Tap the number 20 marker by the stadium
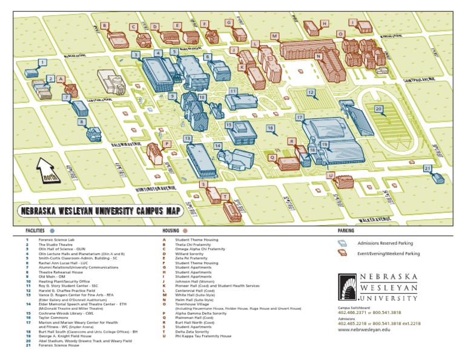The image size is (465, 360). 378,109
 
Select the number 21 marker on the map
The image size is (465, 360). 427,168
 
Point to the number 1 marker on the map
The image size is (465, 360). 42,62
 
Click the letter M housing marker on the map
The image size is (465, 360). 274,36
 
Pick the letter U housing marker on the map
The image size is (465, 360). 331,175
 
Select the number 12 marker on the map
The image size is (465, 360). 311,93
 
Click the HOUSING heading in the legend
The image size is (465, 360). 171,231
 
